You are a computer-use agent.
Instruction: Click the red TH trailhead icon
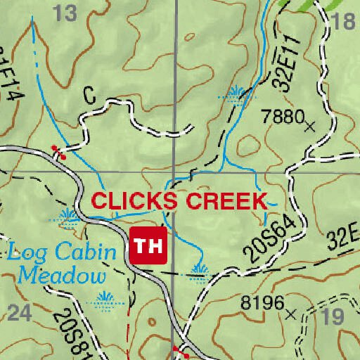tap(148, 245)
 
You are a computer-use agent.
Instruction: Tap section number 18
tap(344, 22)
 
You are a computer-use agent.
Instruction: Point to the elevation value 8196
tap(262, 303)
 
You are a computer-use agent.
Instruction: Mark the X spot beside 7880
tap(310, 127)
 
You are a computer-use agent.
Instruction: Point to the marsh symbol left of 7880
tap(238, 91)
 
